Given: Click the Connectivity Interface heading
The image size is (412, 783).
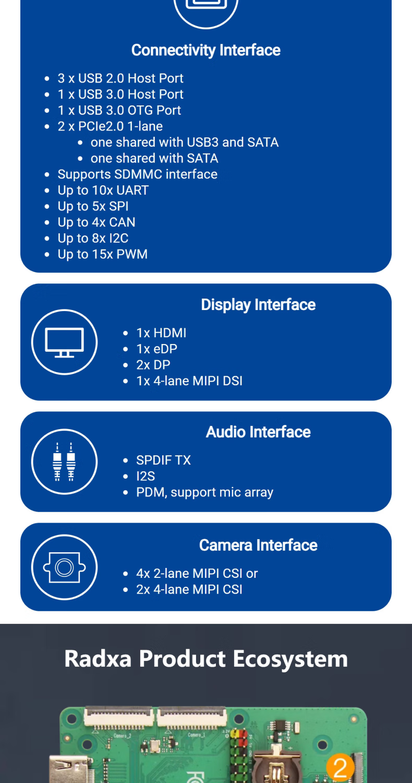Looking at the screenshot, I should (205, 50).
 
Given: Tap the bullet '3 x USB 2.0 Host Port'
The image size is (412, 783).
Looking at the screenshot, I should (120, 78).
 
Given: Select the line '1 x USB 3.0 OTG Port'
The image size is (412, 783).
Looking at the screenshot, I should (119, 110).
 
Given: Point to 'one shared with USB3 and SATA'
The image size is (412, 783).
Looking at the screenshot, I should (185, 142).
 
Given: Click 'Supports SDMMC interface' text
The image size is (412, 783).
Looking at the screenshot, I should (137, 174).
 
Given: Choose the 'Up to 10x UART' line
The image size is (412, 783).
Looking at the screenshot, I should (103, 190).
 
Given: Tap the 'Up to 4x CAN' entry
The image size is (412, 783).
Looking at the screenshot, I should (96, 222).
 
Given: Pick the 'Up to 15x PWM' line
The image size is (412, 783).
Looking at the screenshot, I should (103, 254).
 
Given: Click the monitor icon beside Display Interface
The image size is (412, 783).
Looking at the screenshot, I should (64, 342).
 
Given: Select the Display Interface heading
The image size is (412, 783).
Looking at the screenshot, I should (258, 305).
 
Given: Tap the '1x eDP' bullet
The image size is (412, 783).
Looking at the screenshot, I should (156, 349).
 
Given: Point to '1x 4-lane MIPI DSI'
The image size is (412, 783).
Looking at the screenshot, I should (189, 381).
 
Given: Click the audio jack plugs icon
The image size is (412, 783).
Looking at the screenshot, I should (64, 461).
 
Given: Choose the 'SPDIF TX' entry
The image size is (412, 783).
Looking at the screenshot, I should (163, 460).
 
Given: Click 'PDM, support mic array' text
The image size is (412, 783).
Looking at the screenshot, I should (204, 492).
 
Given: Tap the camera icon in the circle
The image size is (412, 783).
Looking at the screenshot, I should (64, 567).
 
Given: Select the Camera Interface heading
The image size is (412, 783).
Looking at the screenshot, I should (258, 545).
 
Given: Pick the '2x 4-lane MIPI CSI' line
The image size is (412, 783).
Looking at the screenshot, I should (189, 589).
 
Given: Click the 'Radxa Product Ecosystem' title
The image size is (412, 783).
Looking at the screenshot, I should (205, 658).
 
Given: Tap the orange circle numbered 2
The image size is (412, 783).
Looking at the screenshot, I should (340, 768).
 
